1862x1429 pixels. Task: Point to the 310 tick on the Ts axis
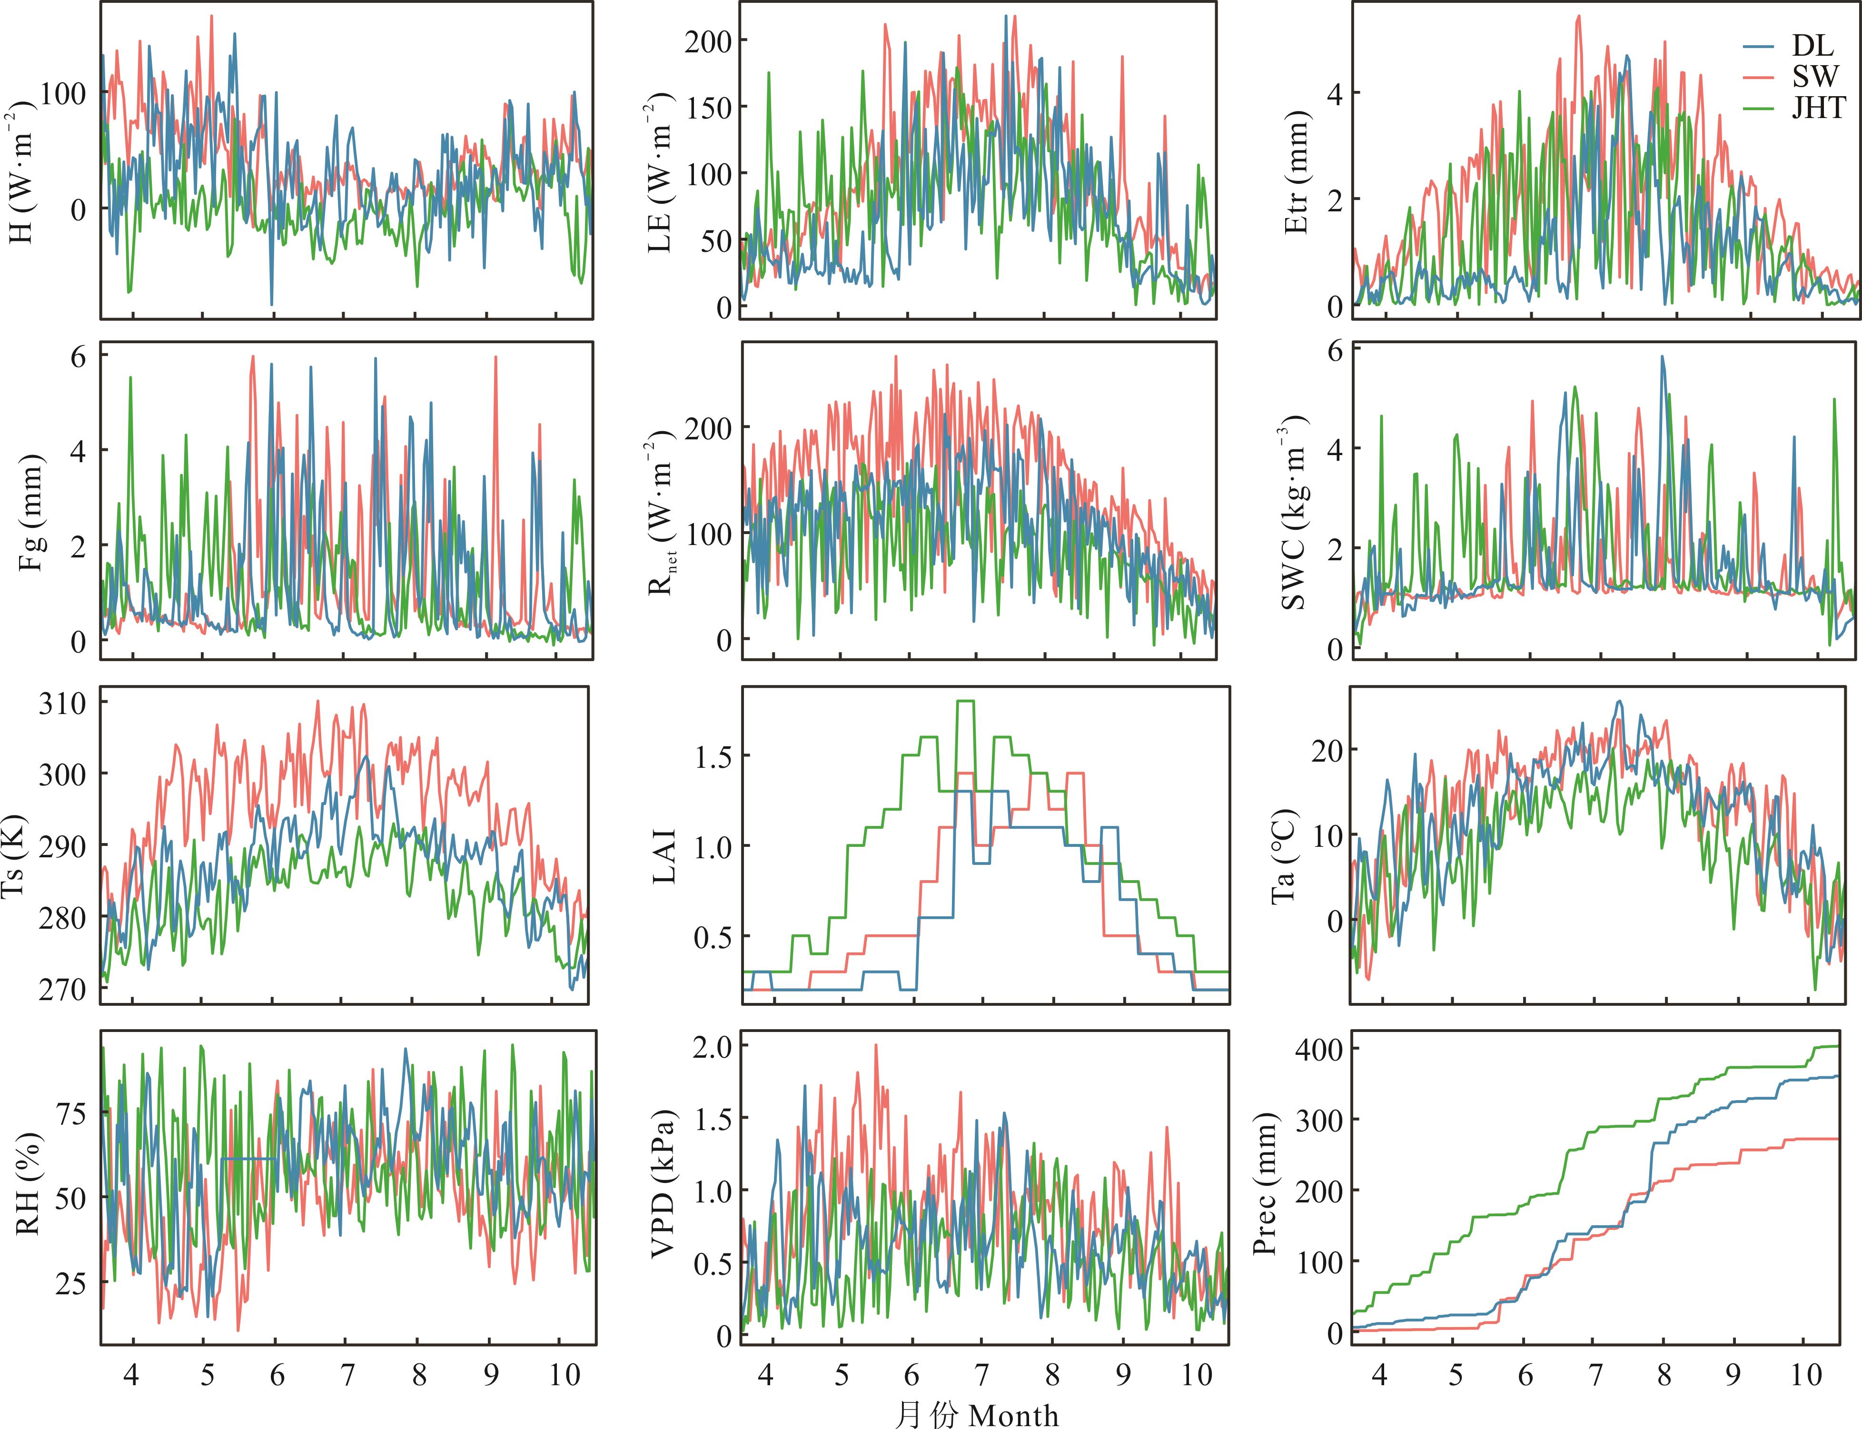point(62,704)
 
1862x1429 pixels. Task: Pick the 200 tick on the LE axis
point(703,41)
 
